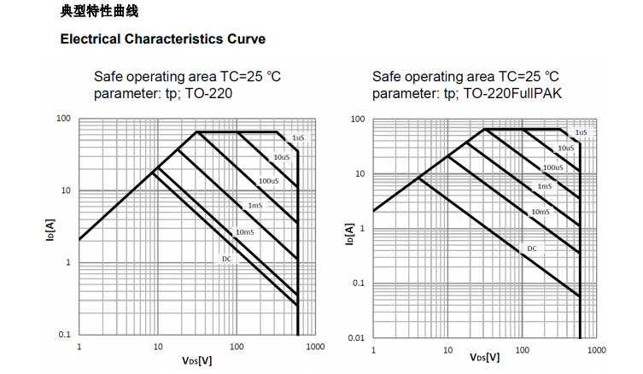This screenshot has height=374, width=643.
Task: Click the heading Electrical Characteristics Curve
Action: (x=162, y=39)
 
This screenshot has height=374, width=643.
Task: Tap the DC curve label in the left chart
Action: (x=227, y=257)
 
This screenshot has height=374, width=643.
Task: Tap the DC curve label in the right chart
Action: (x=531, y=248)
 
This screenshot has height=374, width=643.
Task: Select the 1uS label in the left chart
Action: (x=297, y=137)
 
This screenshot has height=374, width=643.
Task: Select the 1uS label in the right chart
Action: (x=581, y=132)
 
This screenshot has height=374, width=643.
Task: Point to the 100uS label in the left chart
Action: (x=268, y=181)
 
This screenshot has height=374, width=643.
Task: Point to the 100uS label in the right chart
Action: (x=552, y=167)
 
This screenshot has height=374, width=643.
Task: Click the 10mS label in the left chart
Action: (x=244, y=232)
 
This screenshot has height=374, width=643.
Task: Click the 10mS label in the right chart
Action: (x=540, y=211)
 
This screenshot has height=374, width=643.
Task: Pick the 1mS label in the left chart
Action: (x=255, y=206)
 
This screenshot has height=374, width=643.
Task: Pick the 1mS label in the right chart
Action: (x=545, y=185)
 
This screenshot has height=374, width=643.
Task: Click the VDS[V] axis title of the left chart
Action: (x=196, y=360)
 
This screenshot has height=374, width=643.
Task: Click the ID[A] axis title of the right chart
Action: (x=348, y=234)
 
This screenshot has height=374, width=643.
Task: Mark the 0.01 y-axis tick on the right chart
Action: (x=356, y=338)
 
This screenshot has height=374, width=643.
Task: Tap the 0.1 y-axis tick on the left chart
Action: (x=64, y=335)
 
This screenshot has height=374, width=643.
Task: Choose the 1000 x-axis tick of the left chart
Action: (x=315, y=347)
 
